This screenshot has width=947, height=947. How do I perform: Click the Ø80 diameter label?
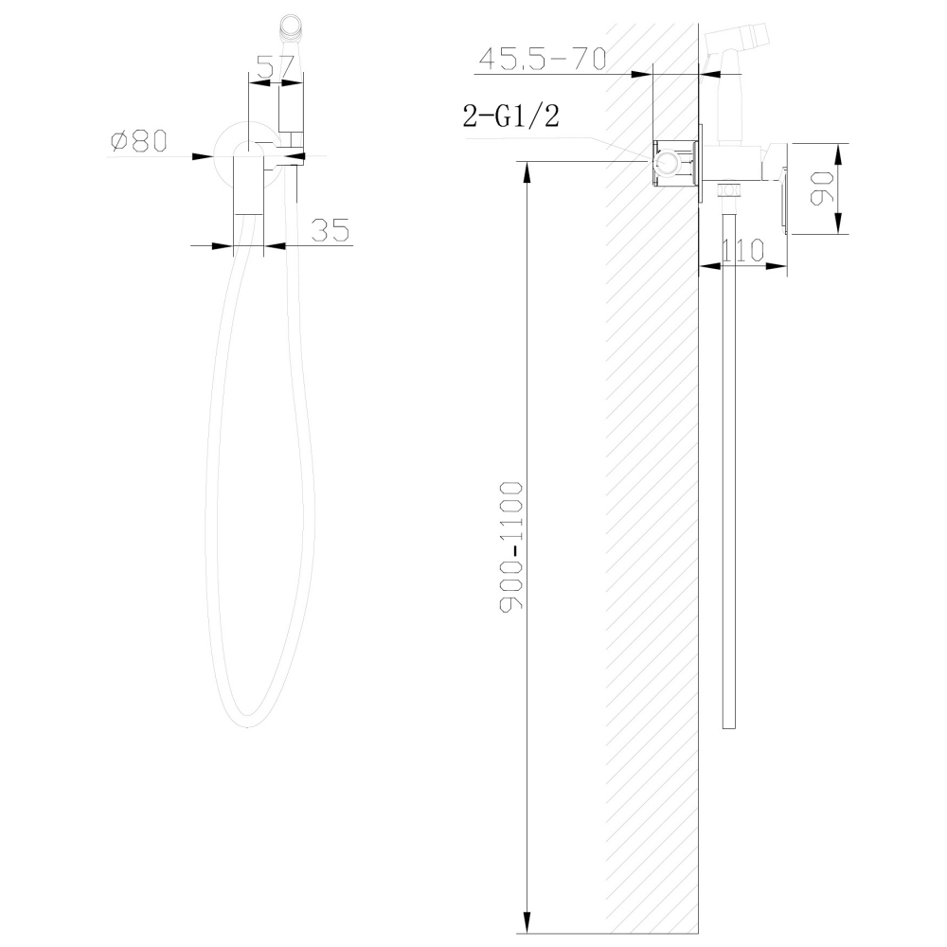tap(138, 141)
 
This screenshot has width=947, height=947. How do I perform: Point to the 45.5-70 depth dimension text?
tap(541, 59)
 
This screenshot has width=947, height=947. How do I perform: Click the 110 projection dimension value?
tap(742, 251)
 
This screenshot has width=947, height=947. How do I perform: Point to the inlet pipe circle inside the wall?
tap(667, 165)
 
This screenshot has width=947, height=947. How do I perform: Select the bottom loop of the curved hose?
tap(248, 722)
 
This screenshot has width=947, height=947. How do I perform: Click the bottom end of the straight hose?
tap(728, 725)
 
